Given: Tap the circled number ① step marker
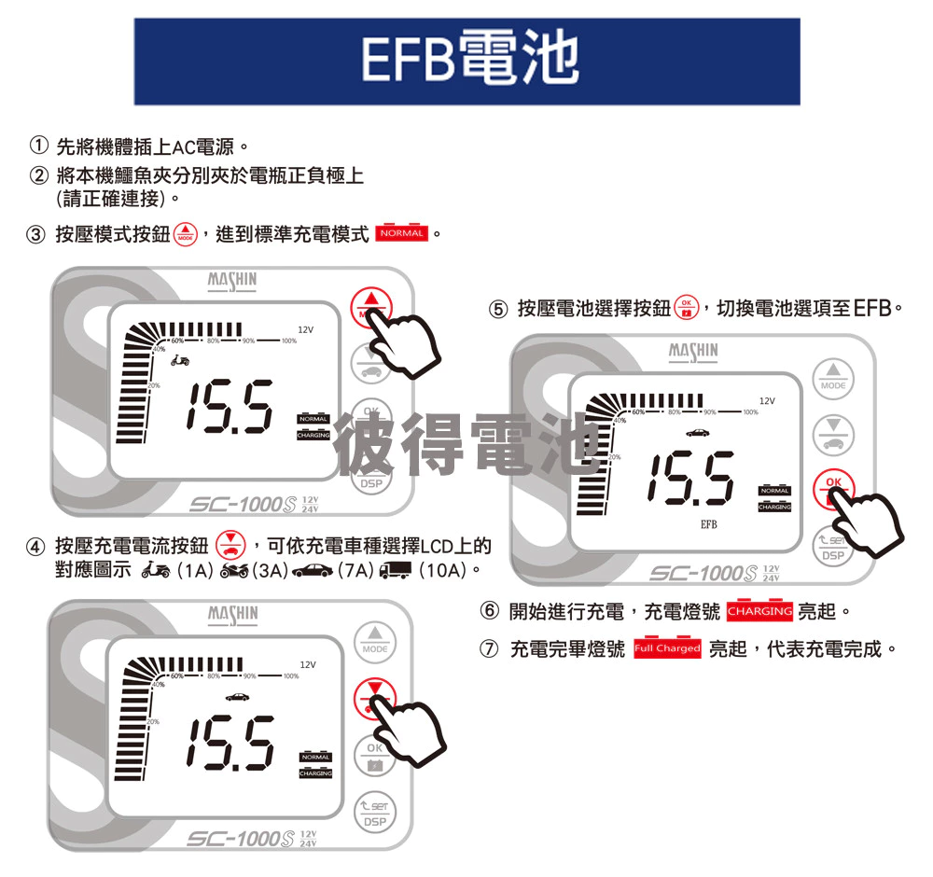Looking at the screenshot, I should pyautogui.click(x=38, y=146).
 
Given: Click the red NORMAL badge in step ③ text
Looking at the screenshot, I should pyautogui.click(x=401, y=233).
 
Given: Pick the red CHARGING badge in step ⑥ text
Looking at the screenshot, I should pyautogui.click(x=759, y=612).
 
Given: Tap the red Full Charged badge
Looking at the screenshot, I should pyautogui.click(x=667, y=648).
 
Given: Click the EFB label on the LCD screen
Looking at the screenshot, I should pyautogui.click(x=709, y=525).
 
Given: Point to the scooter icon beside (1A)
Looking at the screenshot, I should pyautogui.click(x=155, y=568).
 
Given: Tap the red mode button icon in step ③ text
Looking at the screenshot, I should pyautogui.click(x=186, y=233).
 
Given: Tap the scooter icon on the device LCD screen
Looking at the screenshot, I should pyautogui.click(x=181, y=360).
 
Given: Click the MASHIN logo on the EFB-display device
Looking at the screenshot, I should pyautogui.click(x=693, y=352).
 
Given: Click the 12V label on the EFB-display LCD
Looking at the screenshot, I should pyautogui.click(x=767, y=400).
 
